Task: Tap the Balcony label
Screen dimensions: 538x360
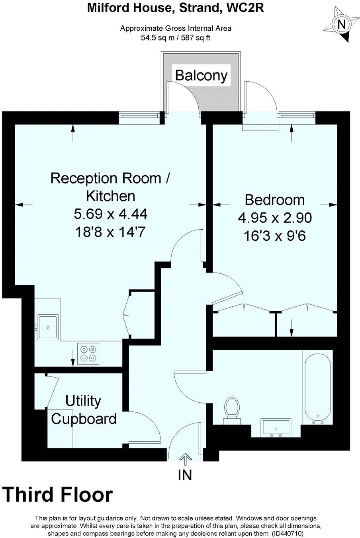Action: tap(202, 75)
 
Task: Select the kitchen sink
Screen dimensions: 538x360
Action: tap(48, 327)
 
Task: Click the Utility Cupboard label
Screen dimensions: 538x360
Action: tap(84, 410)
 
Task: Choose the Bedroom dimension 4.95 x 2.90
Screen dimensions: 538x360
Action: tap(274, 218)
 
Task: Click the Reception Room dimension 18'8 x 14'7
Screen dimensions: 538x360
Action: tap(111, 232)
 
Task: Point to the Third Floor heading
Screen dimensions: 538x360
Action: tap(58, 495)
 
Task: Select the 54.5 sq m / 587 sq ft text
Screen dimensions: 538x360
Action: tap(176, 38)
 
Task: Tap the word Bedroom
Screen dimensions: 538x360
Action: tap(274, 199)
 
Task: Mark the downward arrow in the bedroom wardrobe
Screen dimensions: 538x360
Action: tap(292, 327)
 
